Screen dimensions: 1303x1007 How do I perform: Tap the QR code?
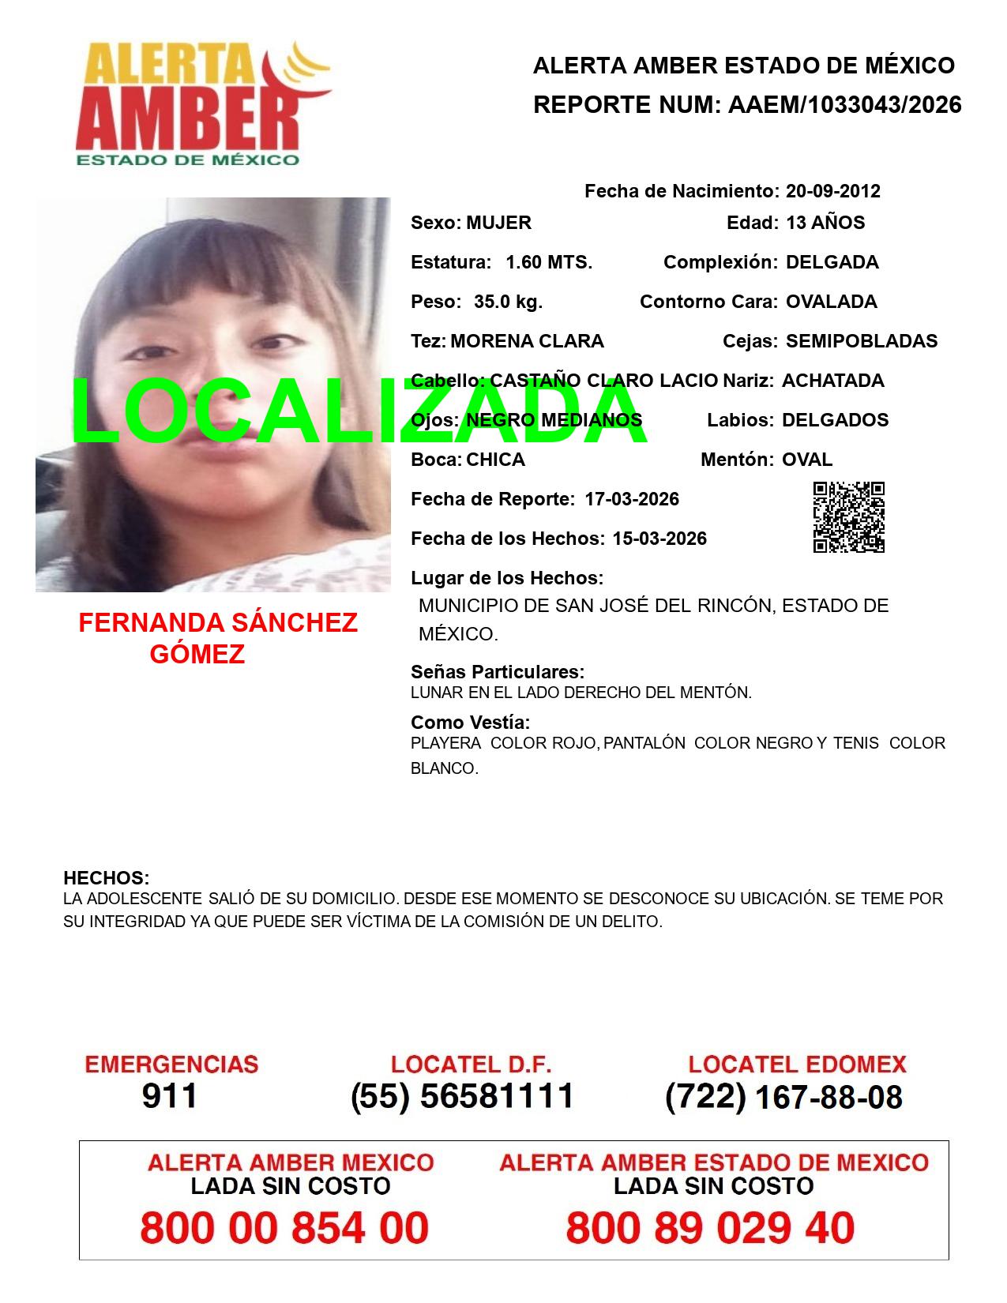[x=848, y=517]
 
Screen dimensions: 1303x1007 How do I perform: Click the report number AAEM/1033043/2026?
[x=844, y=105]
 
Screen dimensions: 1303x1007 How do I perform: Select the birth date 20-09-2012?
[x=832, y=191]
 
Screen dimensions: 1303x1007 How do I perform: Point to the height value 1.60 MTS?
[x=549, y=262]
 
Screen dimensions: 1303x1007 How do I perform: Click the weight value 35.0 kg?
[x=508, y=302]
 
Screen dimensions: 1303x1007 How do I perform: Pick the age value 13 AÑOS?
[x=825, y=223]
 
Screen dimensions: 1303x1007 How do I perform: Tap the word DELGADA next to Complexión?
[x=832, y=262]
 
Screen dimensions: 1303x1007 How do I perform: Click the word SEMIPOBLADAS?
[x=862, y=341]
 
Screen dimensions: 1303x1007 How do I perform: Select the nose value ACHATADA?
[x=832, y=381]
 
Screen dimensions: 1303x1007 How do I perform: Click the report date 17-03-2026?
[x=632, y=499]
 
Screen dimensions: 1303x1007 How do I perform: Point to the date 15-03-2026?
[x=659, y=539]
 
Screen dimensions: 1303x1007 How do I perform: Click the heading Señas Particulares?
[x=498, y=672]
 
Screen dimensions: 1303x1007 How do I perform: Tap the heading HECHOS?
[x=107, y=878]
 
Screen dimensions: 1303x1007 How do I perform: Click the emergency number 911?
[x=170, y=1096]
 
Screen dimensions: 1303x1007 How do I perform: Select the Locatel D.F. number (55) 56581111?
[x=463, y=1096]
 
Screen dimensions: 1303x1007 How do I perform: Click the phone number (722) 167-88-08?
[x=783, y=1097]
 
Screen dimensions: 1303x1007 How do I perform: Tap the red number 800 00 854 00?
[x=284, y=1228]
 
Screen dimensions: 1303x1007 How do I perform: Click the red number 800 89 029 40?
[x=710, y=1228]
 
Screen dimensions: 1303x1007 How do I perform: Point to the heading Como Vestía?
[x=470, y=723]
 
